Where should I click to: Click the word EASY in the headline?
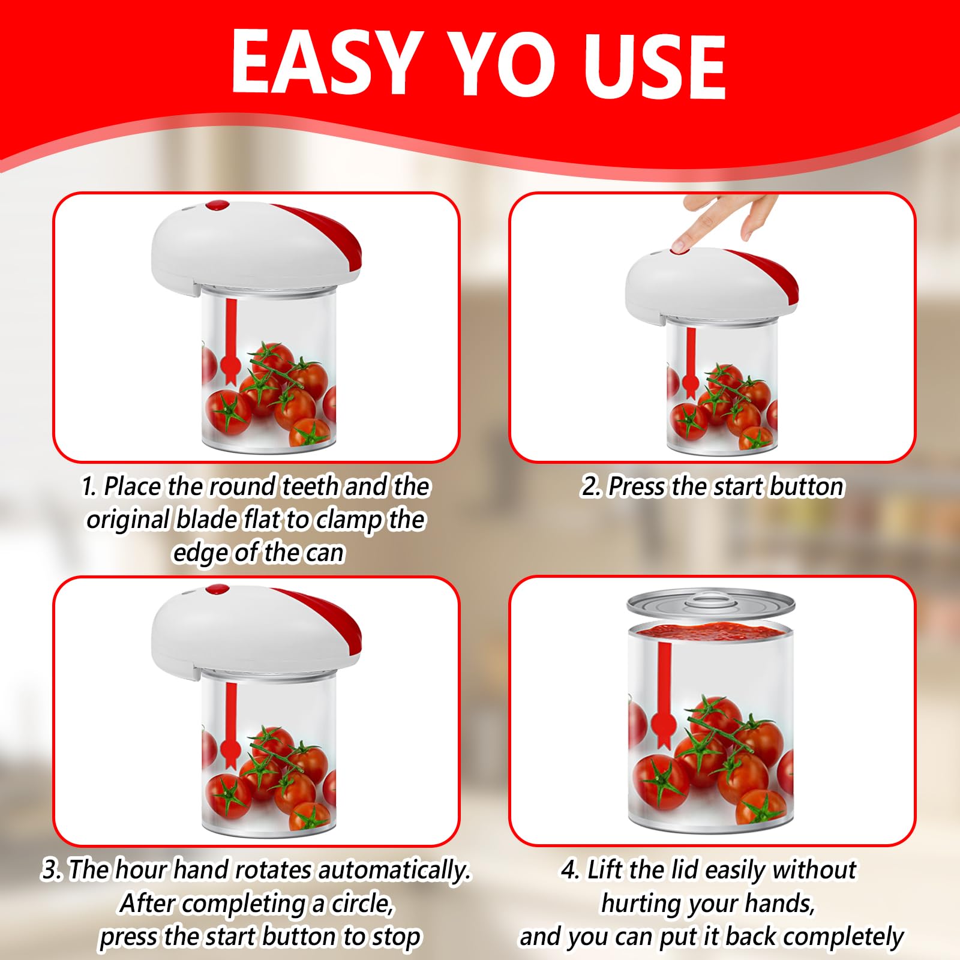[x=324, y=62]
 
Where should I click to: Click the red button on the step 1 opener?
[x=217, y=206]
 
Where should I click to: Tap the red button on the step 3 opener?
[x=217, y=590]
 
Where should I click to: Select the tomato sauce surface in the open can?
[x=711, y=630]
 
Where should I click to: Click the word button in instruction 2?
[x=808, y=487]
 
